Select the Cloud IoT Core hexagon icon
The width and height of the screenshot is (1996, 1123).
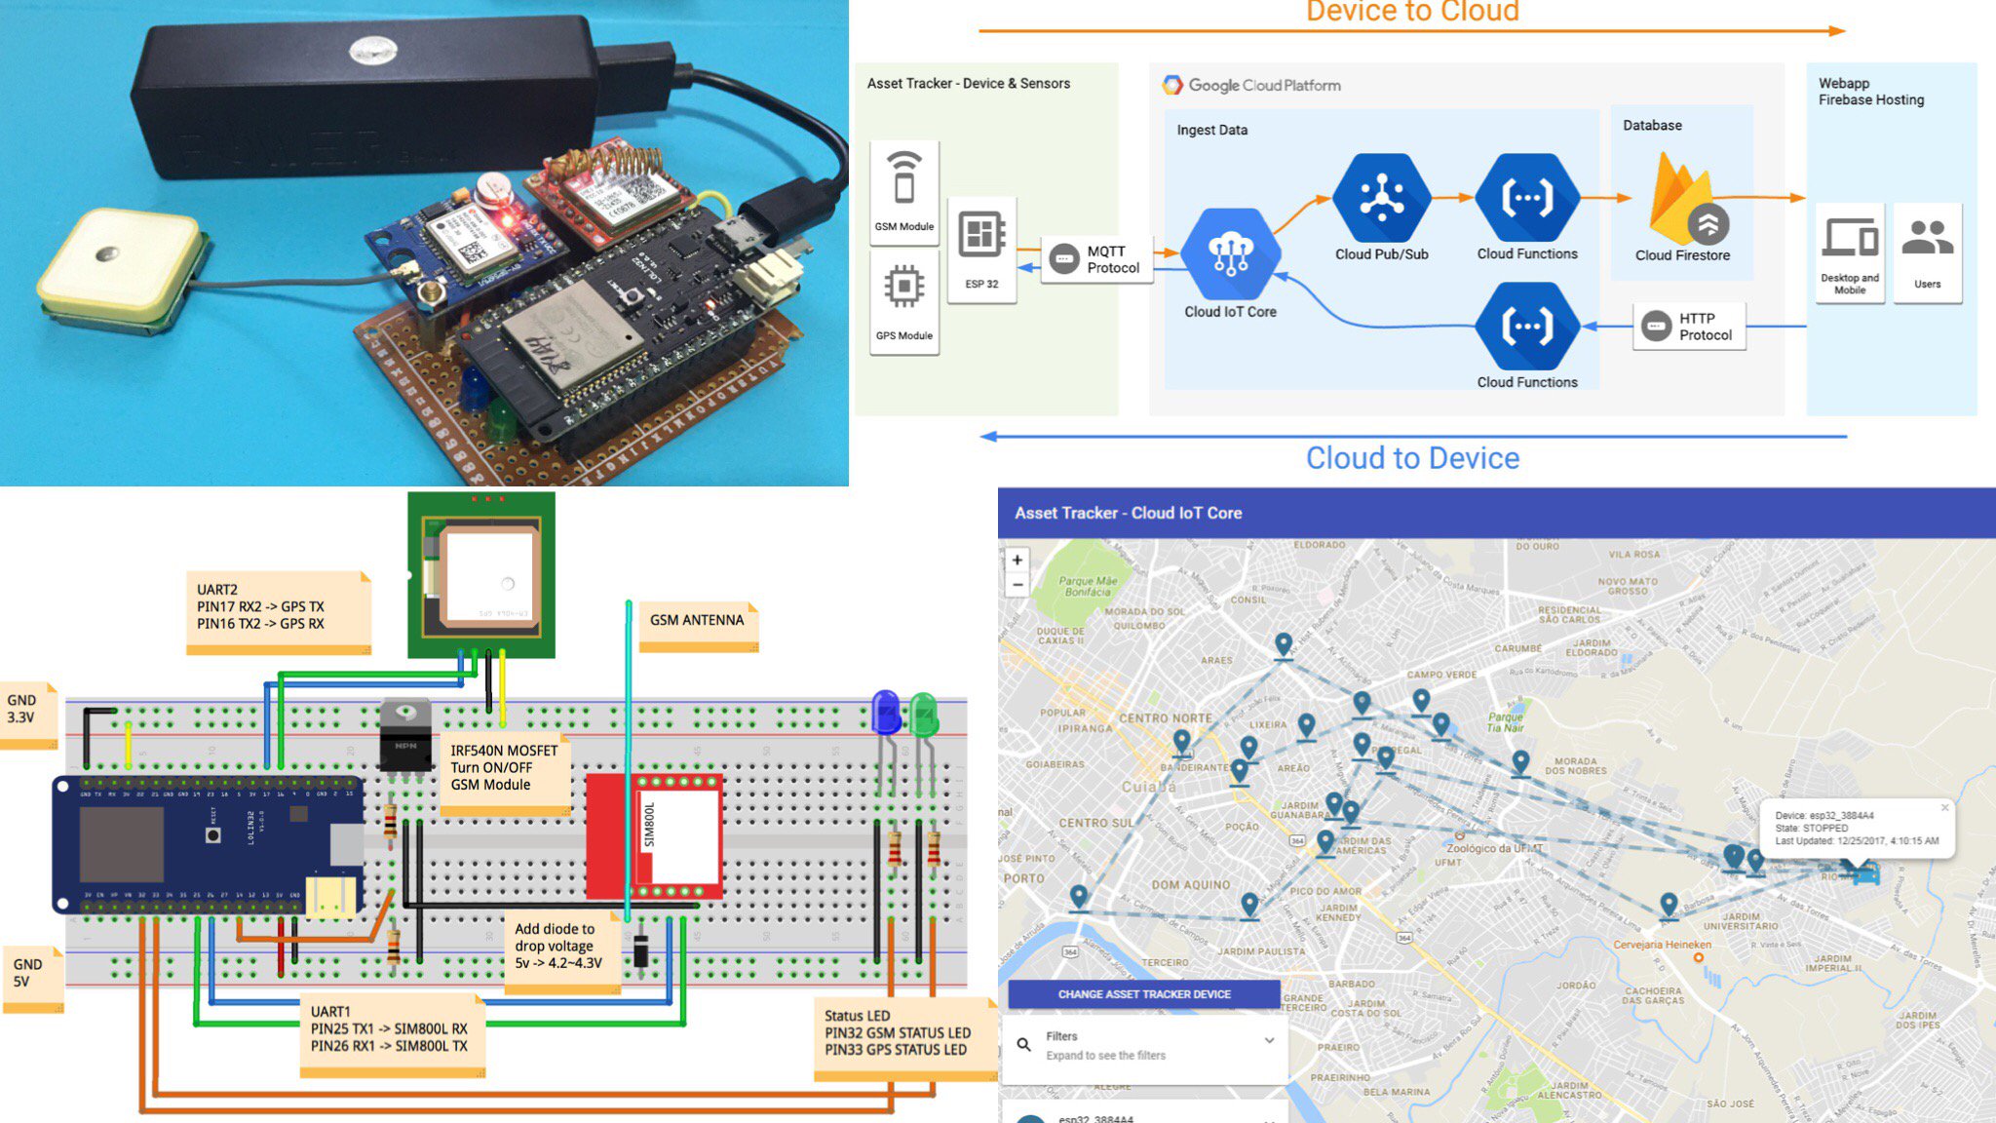[x=1230, y=254]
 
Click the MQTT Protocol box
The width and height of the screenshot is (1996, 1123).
[x=1097, y=259]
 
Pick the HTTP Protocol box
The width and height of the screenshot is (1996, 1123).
[x=1689, y=327]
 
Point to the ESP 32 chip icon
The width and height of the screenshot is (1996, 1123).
[x=981, y=235]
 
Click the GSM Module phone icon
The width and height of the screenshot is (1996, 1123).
[x=904, y=177]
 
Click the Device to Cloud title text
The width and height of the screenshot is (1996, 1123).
[x=1412, y=12]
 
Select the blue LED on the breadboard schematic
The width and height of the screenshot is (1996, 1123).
[x=886, y=712]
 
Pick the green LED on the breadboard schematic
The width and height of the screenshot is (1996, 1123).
[x=923, y=713]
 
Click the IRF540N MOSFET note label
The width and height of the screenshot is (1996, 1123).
[x=503, y=768]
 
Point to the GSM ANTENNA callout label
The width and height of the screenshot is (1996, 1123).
[x=697, y=621]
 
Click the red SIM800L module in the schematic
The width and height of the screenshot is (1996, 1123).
[x=653, y=836]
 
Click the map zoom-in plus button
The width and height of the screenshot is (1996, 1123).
[x=1017, y=561]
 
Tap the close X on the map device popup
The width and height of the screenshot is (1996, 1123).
[x=1944, y=808]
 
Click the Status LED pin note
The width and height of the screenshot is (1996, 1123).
[x=898, y=1033]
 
